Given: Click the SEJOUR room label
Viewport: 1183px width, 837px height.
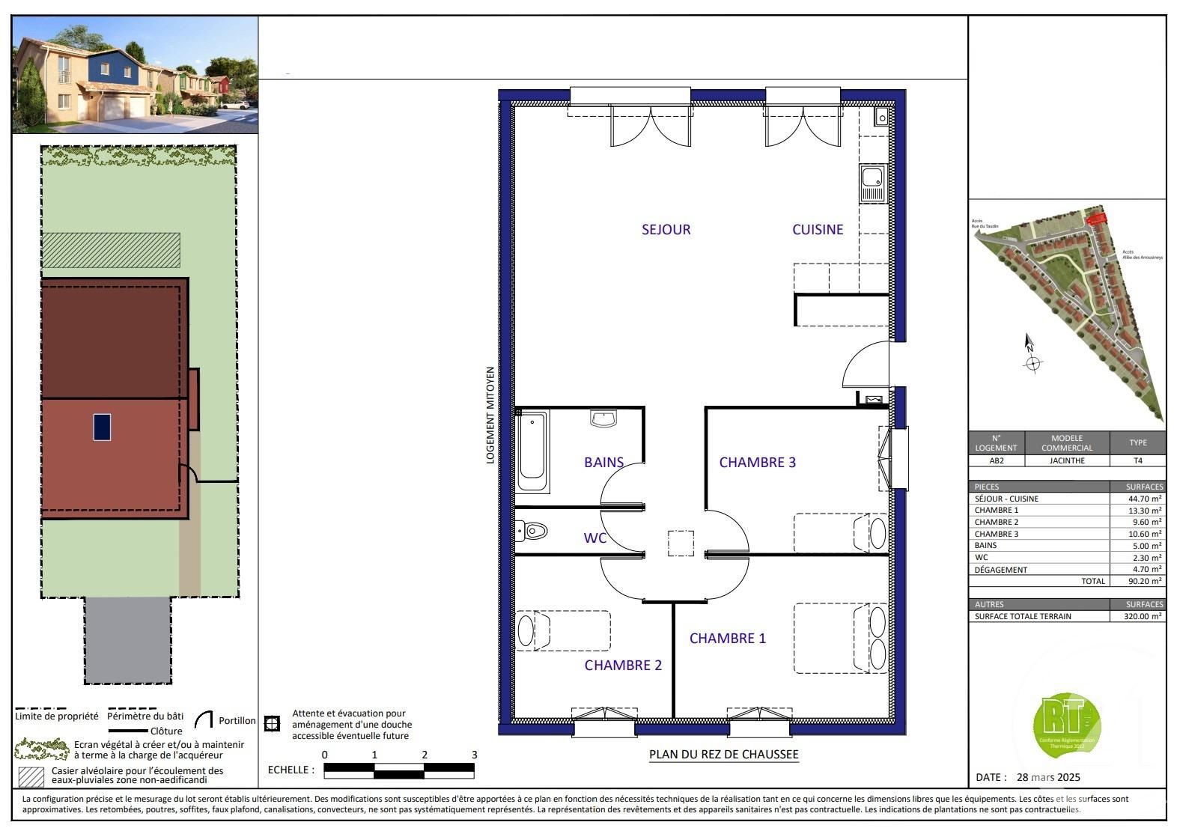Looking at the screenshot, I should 666,230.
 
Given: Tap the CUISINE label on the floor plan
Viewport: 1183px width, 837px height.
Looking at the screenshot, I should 818,230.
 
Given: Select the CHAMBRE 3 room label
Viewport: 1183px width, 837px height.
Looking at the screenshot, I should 757,463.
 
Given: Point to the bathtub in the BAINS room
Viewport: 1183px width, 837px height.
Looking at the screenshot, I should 532,452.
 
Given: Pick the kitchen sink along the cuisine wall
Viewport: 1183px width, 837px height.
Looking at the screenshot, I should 873,183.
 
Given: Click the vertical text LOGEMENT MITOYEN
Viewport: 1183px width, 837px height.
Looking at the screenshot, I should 490,415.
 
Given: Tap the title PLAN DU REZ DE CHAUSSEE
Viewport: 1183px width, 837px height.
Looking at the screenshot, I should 723,755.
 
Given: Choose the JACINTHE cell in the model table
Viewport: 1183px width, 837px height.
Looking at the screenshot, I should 1066,461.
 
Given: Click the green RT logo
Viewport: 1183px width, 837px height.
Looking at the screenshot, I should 1066,725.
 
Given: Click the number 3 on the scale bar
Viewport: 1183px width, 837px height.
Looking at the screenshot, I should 474,755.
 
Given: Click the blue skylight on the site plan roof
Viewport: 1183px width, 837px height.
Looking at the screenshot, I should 102,427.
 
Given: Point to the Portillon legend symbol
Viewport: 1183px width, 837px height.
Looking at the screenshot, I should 203,720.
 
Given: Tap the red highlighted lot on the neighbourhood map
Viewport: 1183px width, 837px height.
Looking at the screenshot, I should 1095,219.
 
